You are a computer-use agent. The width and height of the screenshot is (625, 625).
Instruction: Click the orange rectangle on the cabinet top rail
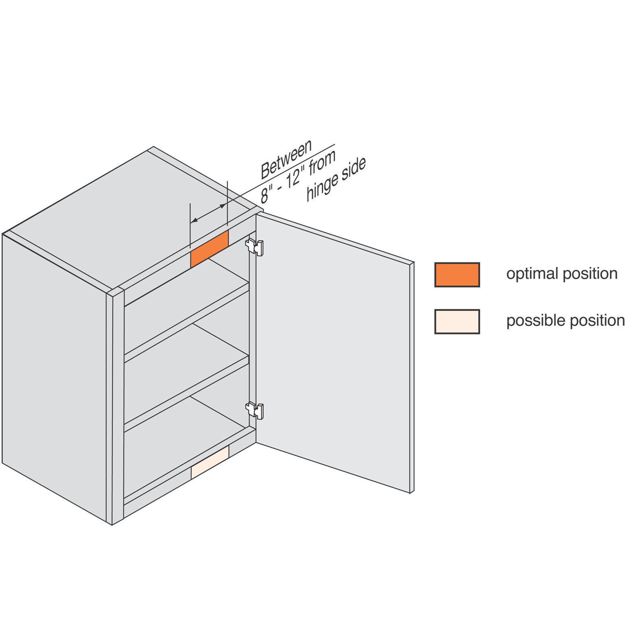[x=210, y=249]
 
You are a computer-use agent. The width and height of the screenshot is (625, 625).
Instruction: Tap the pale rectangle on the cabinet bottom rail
[x=210, y=462]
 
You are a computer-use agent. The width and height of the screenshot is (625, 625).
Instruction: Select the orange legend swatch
[x=457, y=275]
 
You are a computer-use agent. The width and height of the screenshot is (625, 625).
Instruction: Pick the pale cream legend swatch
[x=457, y=321]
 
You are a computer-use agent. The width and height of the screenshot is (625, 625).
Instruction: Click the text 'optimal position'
[x=562, y=274]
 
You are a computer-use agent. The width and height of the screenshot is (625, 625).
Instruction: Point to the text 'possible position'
[x=565, y=321]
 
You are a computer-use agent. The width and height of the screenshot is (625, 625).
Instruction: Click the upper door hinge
[x=255, y=247]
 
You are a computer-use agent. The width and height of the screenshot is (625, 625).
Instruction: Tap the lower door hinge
[x=255, y=410]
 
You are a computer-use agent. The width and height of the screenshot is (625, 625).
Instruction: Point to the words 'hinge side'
[x=336, y=179]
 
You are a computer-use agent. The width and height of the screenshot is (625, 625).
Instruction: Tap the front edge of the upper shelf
[x=186, y=323]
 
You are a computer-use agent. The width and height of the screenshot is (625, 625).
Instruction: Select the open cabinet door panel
[x=333, y=353]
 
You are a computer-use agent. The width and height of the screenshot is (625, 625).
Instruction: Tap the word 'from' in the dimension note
[x=323, y=162]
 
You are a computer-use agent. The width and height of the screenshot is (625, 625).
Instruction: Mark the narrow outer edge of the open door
[x=412, y=378]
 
